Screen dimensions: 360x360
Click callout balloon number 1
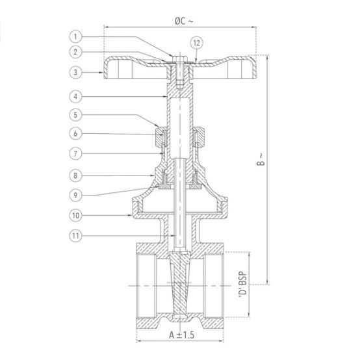coord(75,36)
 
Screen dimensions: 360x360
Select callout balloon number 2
coord(75,52)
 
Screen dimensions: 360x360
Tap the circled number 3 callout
coord(75,73)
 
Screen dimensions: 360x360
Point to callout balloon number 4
coord(75,96)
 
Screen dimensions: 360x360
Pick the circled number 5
coord(75,115)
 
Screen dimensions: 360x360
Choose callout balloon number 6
coord(75,133)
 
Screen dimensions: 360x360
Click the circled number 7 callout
coord(75,153)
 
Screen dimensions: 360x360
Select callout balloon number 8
coord(75,175)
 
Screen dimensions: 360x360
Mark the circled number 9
coord(75,196)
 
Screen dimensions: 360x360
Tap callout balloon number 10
coord(75,215)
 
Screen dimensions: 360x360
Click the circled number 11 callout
coord(75,236)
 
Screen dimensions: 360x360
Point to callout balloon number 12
coord(197,43)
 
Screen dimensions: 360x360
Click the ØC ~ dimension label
coord(184,21)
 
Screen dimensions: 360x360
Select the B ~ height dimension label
coord(261,159)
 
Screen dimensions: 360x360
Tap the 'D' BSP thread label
coord(242,285)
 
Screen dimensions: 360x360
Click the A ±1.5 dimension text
coord(181,335)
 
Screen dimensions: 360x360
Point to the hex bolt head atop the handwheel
coord(180,58)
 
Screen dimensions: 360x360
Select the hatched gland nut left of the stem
coord(159,137)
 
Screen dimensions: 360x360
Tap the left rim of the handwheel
coord(106,70)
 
